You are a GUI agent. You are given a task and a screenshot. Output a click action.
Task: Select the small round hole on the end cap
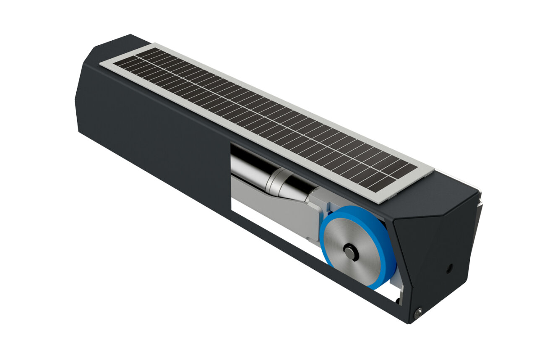[x=449, y=268]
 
